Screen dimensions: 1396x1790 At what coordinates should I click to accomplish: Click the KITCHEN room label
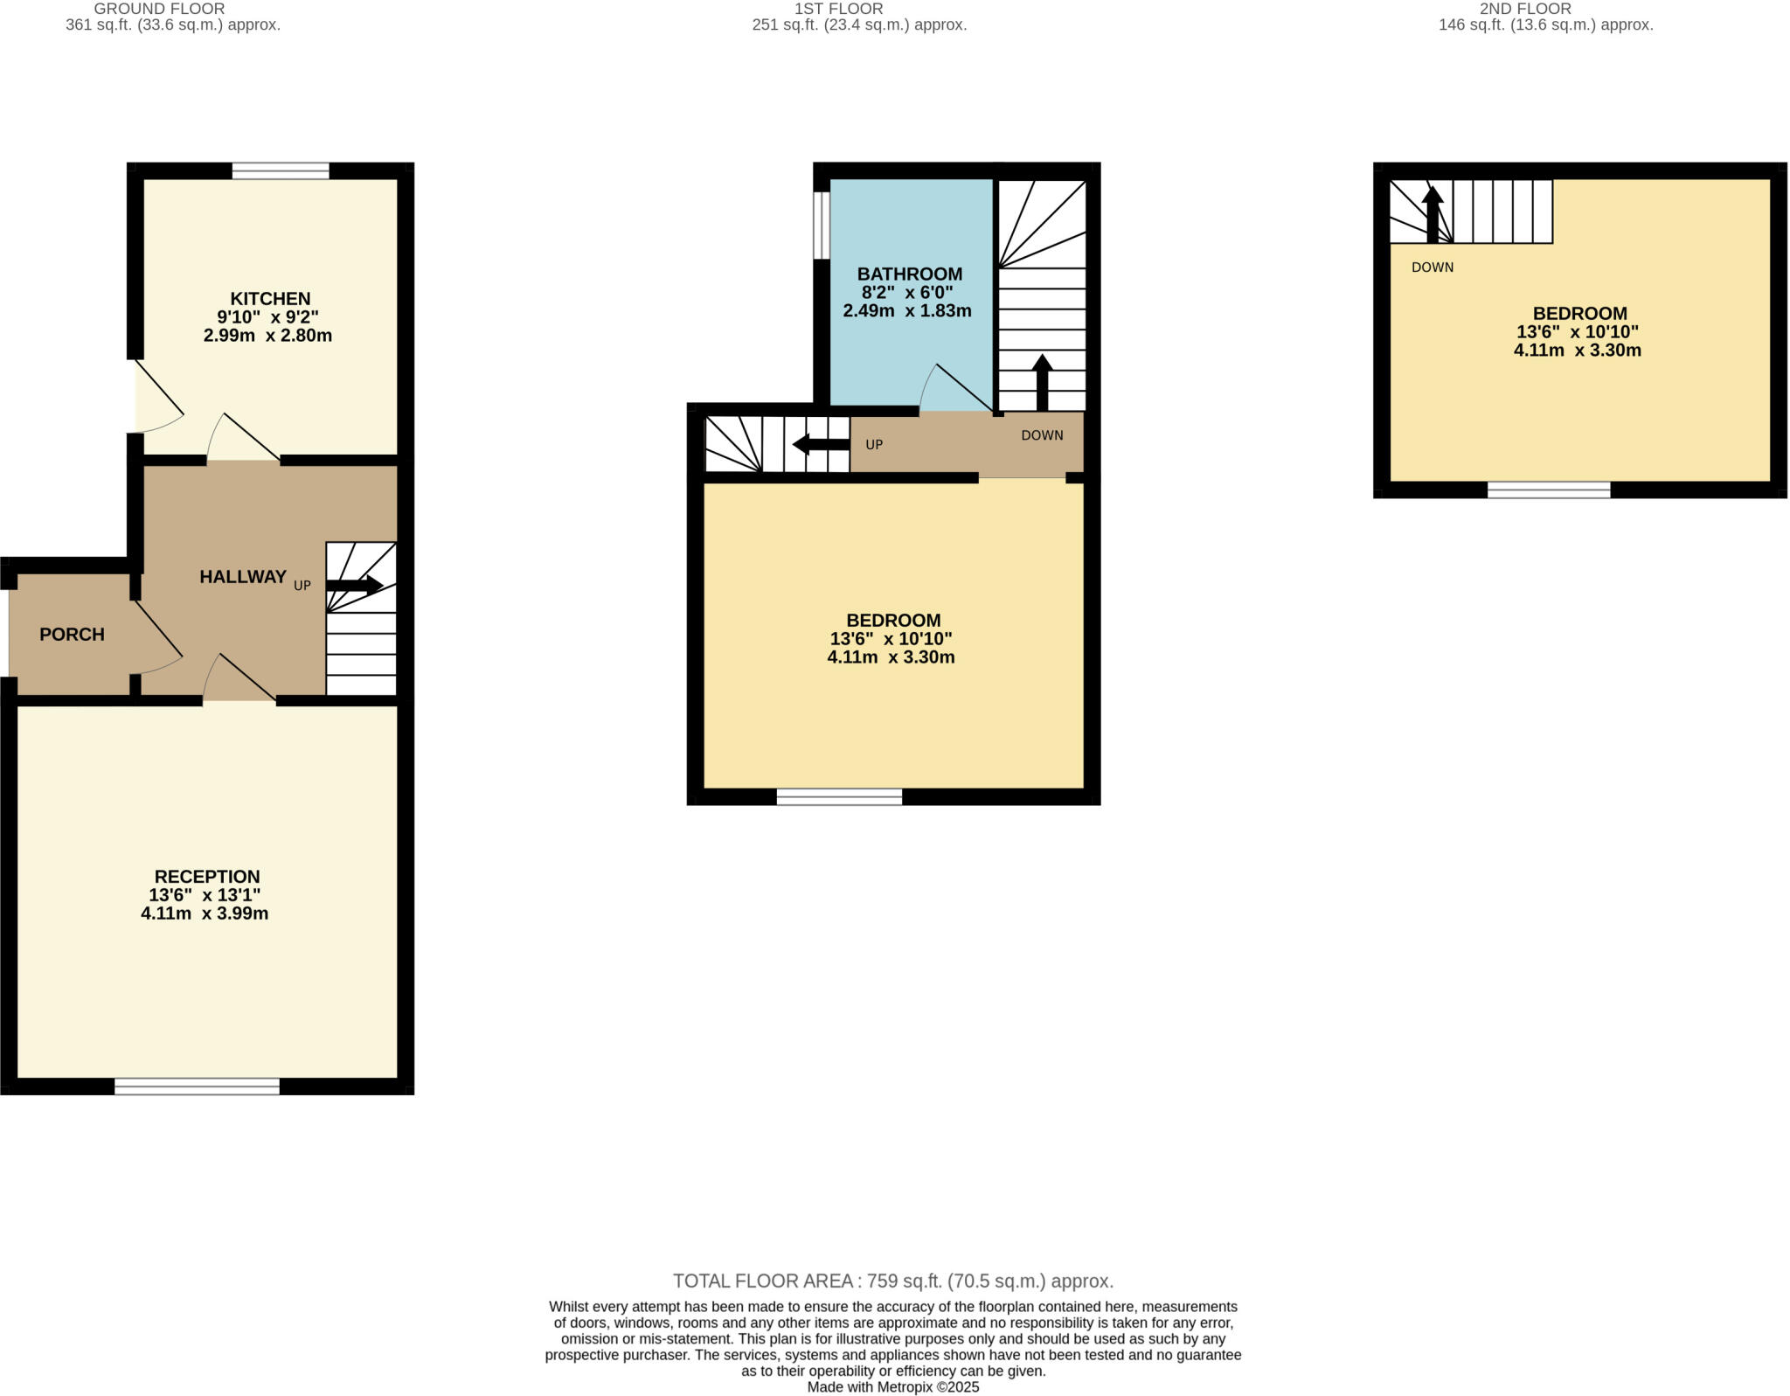point(270,299)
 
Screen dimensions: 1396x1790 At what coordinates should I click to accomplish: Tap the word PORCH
point(72,635)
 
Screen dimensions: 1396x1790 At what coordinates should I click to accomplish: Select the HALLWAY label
point(243,577)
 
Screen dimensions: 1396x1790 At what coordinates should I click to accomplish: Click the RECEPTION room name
point(207,877)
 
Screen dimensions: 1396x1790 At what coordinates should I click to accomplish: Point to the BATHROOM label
point(909,274)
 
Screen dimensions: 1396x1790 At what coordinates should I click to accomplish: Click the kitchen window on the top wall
point(281,170)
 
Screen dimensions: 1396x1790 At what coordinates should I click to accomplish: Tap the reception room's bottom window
point(197,1087)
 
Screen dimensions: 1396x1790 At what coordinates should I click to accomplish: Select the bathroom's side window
point(821,226)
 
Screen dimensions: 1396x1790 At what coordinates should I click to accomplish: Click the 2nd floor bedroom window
point(1548,490)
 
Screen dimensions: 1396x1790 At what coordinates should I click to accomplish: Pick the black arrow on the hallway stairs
point(354,585)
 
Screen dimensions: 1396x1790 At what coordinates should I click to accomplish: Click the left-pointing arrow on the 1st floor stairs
point(820,445)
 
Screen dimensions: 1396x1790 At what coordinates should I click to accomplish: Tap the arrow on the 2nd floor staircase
point(1432,214)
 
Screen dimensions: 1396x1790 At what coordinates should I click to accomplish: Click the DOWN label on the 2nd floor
point(1432,267)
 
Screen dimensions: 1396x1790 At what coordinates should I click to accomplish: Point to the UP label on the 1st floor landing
point(874,445)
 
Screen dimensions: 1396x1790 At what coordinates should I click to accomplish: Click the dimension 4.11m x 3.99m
point(205,914)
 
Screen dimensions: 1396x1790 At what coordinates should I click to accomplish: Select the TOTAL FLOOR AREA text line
point(892,1281)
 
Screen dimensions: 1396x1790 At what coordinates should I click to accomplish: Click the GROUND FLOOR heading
point(159,9)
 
